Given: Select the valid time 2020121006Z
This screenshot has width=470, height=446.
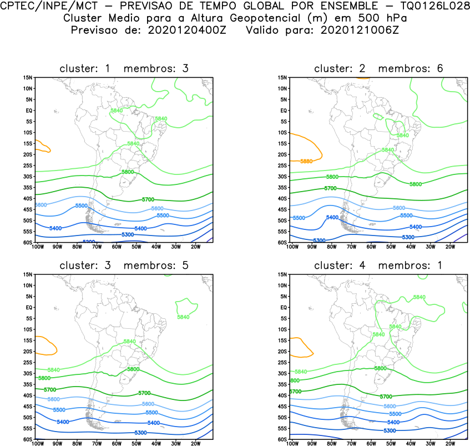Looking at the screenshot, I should point(360,30).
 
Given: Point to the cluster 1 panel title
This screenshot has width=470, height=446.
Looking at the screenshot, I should point(124,69).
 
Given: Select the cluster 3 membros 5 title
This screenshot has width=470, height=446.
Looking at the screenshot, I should point(124,265).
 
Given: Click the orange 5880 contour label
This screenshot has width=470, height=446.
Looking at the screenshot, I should point(306,161).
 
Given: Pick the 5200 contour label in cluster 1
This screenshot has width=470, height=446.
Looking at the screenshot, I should point(88,242).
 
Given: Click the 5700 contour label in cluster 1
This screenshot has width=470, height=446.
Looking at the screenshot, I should point(148,199).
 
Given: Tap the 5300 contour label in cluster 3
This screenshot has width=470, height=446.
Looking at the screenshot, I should point(140,433).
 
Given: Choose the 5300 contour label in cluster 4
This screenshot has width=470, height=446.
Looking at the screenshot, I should point(390,430).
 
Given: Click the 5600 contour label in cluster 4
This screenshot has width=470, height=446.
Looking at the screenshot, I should point(390,407).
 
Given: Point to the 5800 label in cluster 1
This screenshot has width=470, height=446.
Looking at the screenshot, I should point(128,172).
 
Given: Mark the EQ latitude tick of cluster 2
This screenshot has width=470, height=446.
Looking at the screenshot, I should point(282,111).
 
